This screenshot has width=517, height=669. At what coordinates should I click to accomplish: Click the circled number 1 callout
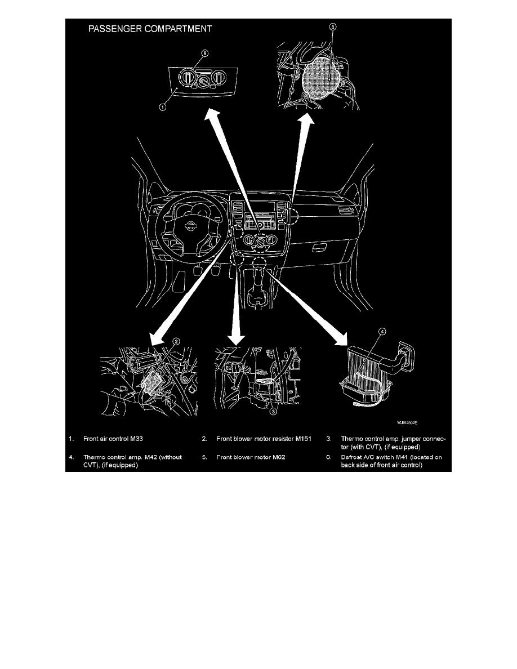(x=162, y=107)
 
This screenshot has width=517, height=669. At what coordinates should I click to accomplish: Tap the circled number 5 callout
(x=332, y=26)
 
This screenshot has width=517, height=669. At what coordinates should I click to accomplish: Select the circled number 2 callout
(x=176, y=341)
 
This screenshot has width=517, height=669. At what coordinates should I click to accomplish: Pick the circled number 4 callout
(x=382, y=332)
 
